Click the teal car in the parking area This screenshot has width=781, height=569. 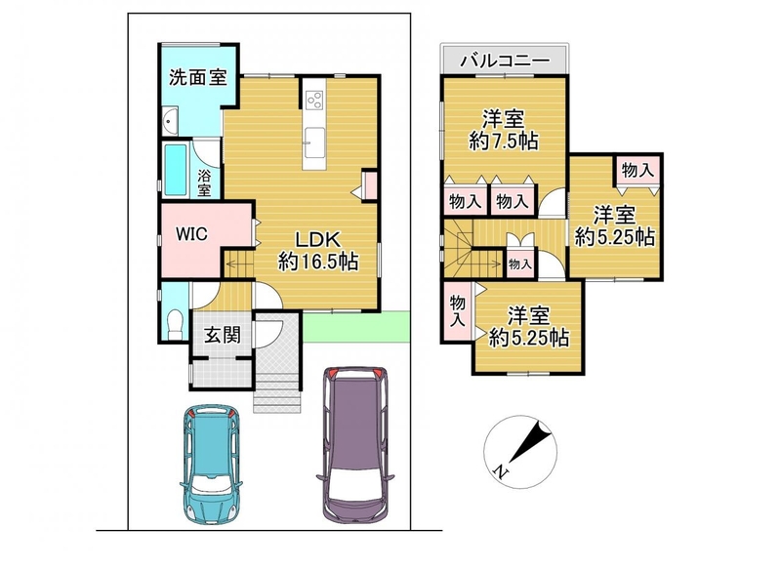tap(211, 465)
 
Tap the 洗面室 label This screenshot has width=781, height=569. tap(198, 77)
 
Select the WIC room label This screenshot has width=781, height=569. tap(191, 234)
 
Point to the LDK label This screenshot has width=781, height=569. tap(318, 239)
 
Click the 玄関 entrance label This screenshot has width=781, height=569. tap(223, 335)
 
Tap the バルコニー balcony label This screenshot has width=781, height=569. tap(505, 61)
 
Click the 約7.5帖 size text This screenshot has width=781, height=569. tap(503, 142)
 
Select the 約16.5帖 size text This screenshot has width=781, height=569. tap(318, 261)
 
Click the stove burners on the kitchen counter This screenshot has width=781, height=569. tap(314, 101)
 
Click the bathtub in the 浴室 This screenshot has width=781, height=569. tap(176, 170)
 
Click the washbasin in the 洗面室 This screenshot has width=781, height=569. tap(170, 120)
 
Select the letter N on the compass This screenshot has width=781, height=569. tap(501, 469)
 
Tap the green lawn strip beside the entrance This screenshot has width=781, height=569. tap(355, 327)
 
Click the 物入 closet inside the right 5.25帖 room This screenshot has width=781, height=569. tap(637, 171)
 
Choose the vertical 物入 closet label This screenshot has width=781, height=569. tap(457, 311)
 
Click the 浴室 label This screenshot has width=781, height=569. tap(204, 183)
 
